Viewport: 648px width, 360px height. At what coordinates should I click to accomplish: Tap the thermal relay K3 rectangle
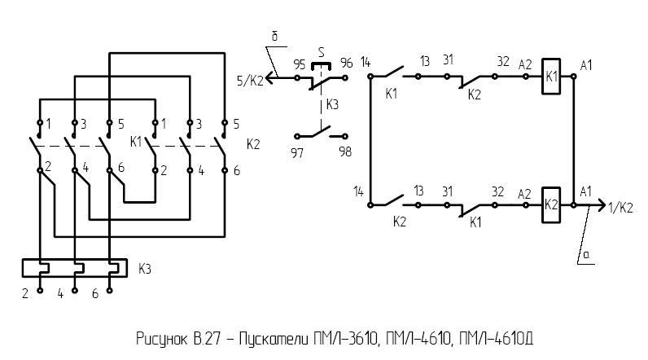click(x=74, y=268)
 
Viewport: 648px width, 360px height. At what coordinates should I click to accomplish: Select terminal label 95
click(x=299, y=64)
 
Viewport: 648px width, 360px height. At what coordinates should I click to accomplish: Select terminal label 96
click(x=346, y=64)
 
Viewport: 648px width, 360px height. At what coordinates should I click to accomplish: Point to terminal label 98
click(x=346, y=151)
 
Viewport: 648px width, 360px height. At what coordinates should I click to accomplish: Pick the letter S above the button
click(x=322, y=52)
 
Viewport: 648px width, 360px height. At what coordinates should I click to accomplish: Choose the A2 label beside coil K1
click(x=525, y=64)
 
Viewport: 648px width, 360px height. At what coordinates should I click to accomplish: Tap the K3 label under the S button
click(x=332, y=104)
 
